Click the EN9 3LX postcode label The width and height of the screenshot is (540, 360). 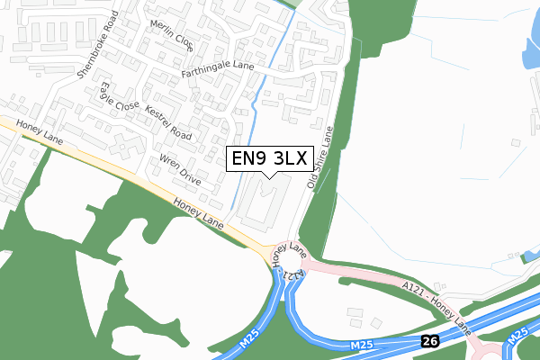pos(269,159)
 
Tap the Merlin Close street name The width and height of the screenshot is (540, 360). pos(171,36)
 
